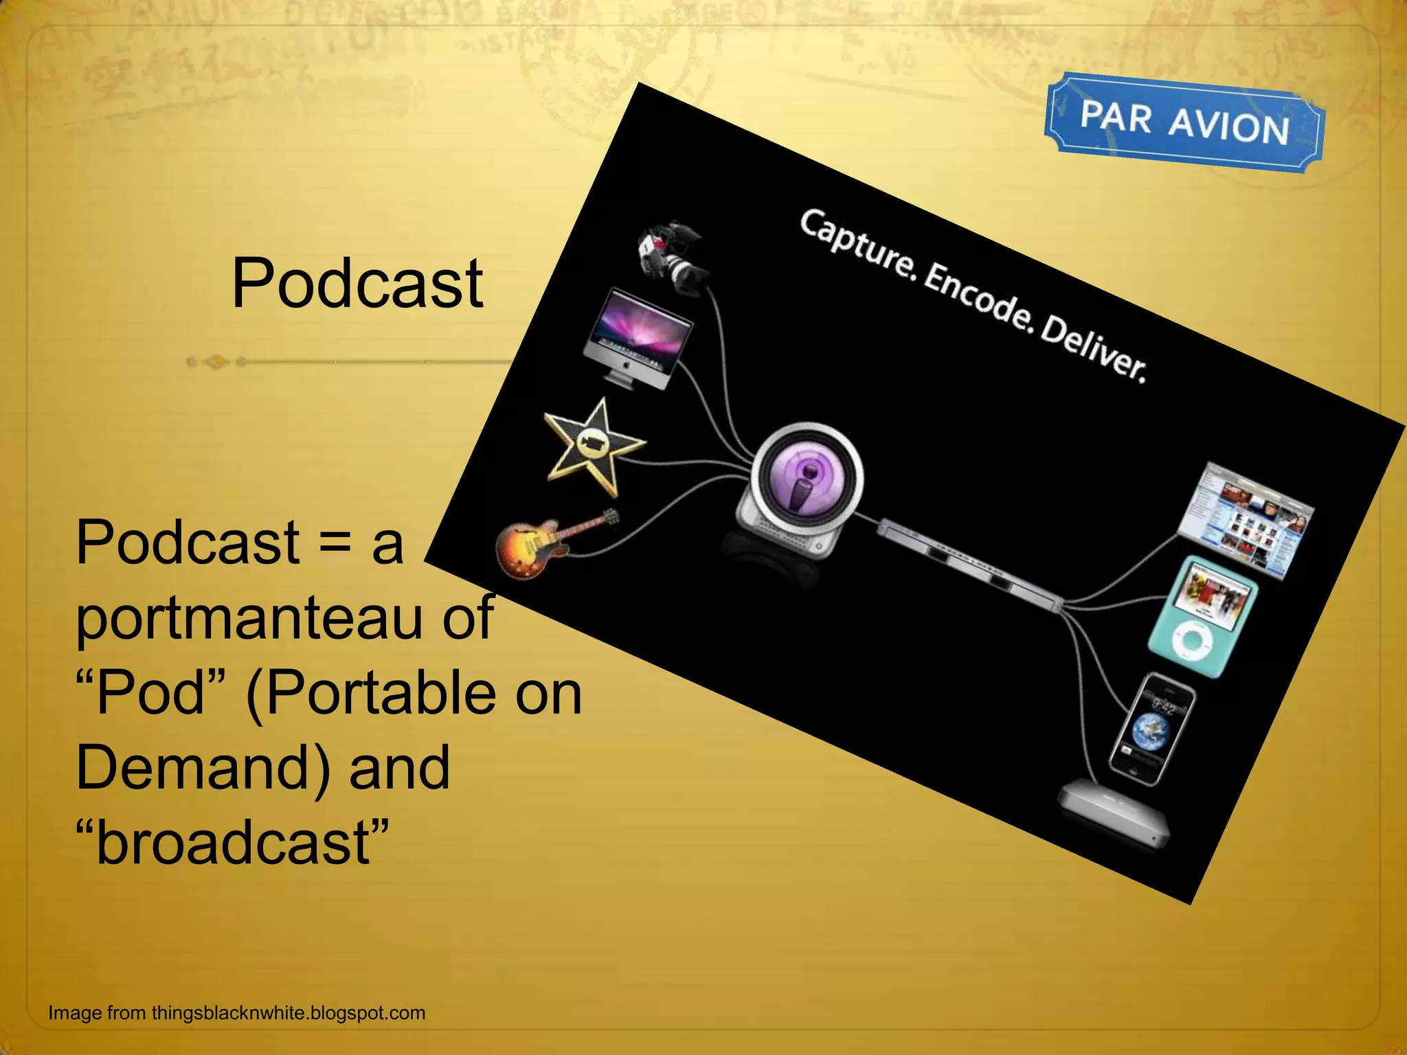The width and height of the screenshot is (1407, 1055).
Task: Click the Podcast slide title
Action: pyautogui.click(x=357, y=284)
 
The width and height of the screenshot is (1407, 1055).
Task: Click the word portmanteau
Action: pyautogui.click(x=249, y=618)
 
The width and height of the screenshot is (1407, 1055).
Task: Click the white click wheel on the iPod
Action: pyautogui.click(x=1193, y=643)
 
